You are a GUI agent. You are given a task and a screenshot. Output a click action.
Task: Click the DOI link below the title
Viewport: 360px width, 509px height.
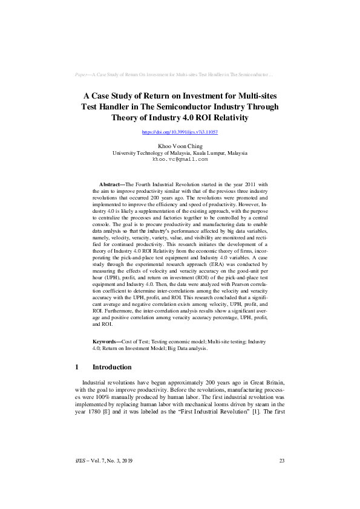180,131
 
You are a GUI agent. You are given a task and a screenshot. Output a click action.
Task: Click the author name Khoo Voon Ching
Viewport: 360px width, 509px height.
180,146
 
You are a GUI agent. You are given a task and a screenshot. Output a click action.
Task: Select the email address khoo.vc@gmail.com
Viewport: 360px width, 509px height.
180,160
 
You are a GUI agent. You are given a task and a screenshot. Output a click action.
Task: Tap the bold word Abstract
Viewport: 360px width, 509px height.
110,184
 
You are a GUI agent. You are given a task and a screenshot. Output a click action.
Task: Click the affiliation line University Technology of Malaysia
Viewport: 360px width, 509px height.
180,153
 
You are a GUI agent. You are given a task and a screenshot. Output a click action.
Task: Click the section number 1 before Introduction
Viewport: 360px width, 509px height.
77,367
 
